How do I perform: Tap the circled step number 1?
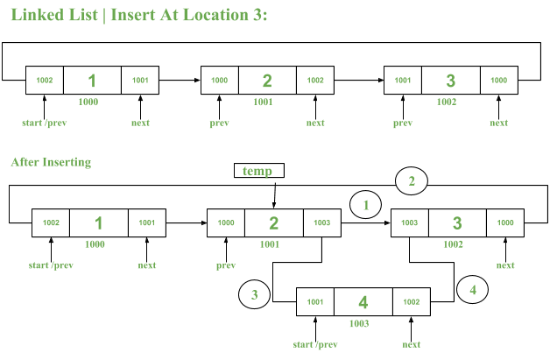(366, 205)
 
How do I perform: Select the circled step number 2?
(412, 181)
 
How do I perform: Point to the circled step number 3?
(255, 294)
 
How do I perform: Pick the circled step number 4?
(472, 288)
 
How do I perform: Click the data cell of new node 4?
(363, 302)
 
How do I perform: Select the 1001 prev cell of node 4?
(314, 302)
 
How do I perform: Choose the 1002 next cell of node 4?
(411, 302)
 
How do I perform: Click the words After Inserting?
(51, 162)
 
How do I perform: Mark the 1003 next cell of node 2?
(321, 223)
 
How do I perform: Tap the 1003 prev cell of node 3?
(409, 223)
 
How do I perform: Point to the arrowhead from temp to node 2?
(274, 205)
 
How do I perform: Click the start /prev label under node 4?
(314, 344)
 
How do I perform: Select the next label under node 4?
(411, 344)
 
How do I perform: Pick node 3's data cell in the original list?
(450, 81)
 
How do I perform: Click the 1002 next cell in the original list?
(315, 81)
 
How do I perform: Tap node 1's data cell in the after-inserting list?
(99, 223)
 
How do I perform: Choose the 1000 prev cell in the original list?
(219, 81)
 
